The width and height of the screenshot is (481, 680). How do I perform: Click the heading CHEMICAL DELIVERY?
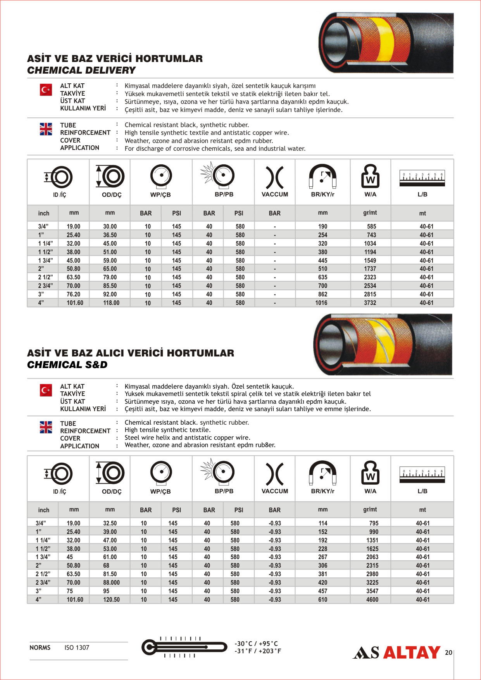tap(81, 71)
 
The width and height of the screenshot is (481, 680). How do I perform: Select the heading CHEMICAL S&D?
tap(67, 365)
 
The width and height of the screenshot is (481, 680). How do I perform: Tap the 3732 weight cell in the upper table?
tap(370, 303)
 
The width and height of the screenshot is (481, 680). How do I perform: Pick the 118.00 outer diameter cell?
tap(111, 303)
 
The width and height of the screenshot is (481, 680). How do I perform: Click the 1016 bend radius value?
tap(321, 303)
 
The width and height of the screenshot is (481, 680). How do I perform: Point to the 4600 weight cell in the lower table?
tap(372, 600)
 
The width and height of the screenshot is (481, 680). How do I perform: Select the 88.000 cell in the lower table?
tap(111, 583)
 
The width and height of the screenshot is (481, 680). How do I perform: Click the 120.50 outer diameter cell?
tap(111, 600)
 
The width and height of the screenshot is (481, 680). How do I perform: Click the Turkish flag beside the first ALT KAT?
tap(46, 90)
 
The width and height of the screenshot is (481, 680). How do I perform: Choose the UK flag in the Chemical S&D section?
tap(46, 427)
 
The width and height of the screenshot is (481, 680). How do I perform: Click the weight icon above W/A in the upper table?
tap(370, 176)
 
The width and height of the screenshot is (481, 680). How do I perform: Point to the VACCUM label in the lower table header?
tap(275, 491)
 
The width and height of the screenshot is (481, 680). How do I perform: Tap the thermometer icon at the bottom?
tap(184, 647)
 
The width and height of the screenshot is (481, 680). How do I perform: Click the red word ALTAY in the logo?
tap(412, 653)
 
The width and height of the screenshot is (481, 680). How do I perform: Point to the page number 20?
tap(448, 653)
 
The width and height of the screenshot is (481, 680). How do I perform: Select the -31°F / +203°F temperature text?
tap(258, 651)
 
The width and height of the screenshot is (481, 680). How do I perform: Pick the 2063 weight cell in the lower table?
tap(372, 557)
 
